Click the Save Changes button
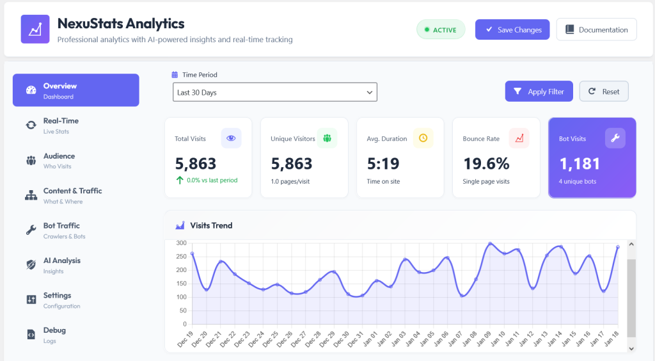512,29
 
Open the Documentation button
597,29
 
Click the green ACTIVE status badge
441,29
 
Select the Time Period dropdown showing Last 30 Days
275,92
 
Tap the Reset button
604,92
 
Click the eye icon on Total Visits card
231,138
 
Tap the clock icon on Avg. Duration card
423,138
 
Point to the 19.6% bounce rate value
486,164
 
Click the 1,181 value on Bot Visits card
580,164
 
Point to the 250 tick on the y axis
181,257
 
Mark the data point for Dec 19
192,253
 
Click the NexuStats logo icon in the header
35,29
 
